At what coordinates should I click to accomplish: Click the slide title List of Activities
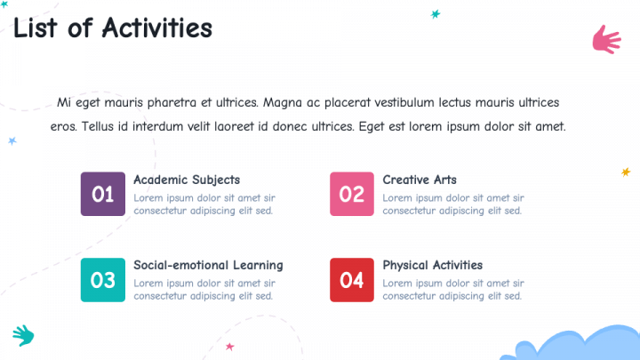[x=113, y=28]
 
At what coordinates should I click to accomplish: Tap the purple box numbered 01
[x=103, y=194]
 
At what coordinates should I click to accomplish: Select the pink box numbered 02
[x=352, y=194]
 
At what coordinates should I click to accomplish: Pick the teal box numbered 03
[x=103, y=280]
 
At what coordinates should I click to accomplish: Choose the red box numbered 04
[x=352, y=280]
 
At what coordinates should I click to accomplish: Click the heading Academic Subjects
[x=187, y=180]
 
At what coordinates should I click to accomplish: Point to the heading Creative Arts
[x=420, y=180]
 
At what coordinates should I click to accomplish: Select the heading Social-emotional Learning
[x=208, y=265]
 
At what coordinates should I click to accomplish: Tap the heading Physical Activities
[x=433, y=265]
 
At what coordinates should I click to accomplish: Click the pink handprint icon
[x=606, y=40]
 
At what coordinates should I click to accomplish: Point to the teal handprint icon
[x=24, y=335]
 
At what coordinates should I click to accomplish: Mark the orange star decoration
[x=626, y=172]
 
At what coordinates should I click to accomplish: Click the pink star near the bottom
[x=230, y=347]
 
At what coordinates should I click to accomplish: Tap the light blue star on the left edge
[x=12, y=140]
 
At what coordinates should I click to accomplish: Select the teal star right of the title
[x=436, y=14]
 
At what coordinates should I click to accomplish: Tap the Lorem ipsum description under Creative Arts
[x=453, y=204]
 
